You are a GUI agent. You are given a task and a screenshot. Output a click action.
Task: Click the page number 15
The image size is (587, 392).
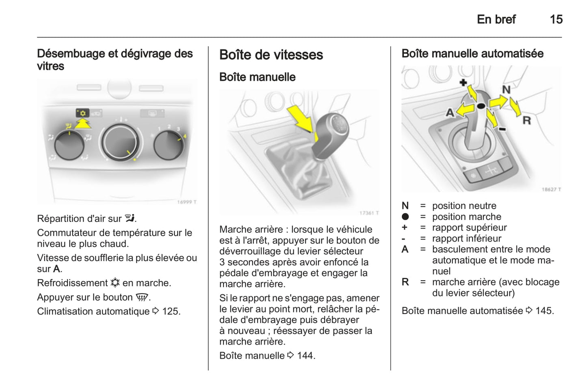(x=556, y=19)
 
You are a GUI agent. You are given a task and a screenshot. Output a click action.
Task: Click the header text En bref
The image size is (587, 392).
(x=496, y=19)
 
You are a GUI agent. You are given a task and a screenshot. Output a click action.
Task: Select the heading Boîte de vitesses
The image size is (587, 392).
(x=271, y=55)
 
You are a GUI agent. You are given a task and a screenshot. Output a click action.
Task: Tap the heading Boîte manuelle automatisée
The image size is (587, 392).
(x=472, y=54)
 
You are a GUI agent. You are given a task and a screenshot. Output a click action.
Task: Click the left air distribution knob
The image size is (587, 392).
(x=69, y=145)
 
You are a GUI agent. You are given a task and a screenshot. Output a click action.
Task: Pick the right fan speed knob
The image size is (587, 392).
(x=168, y=145)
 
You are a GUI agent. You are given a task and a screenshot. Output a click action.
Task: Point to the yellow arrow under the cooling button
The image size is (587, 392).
(x=83, y=123)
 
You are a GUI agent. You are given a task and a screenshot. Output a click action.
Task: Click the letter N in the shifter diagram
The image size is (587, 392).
(x=506, y=89)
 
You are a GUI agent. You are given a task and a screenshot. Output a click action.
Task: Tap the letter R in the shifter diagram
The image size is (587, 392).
(x=526, y=120)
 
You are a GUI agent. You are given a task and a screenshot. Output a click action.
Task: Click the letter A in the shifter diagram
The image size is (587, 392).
(x=450, y=113)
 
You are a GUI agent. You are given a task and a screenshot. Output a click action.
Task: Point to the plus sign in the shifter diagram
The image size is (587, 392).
(x=463, y=83)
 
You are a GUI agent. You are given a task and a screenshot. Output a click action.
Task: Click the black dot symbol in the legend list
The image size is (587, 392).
(x=405, y=217)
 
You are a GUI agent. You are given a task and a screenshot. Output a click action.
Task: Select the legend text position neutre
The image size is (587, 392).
(x=464, y=206)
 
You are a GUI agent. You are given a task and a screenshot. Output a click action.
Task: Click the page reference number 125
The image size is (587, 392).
(x=171, y=311)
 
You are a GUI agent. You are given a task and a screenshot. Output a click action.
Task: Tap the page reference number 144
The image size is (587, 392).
(x=306, y=355)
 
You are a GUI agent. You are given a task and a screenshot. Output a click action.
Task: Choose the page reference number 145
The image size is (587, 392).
(x=544, y=311)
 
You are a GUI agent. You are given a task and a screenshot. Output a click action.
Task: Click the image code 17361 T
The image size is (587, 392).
(x=369, y=213)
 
